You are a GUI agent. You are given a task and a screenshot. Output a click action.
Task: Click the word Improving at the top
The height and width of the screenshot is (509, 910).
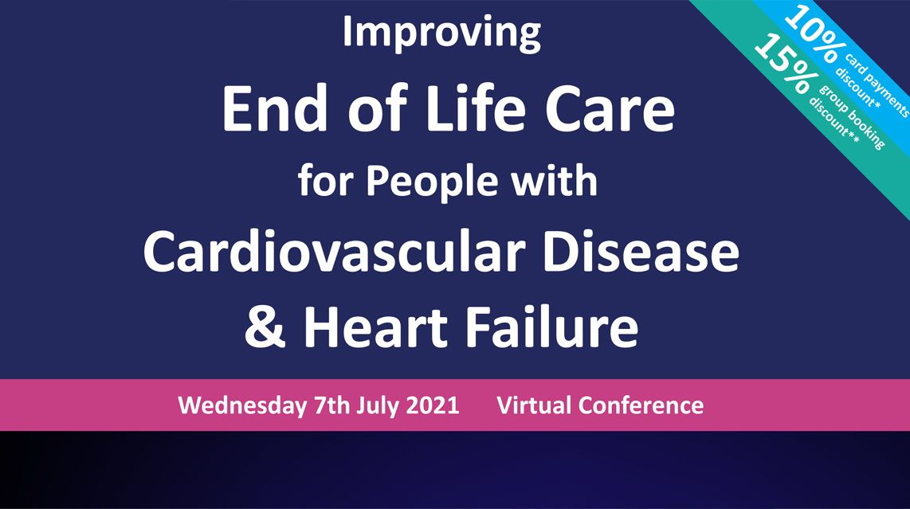pos(441,33)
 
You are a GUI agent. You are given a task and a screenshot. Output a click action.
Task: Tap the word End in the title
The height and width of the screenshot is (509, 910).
pos(275,108)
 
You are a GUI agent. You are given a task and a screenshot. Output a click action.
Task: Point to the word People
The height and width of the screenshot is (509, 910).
pos(433,182)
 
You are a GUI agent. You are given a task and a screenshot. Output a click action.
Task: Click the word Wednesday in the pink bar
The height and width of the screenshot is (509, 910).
pos(242,405)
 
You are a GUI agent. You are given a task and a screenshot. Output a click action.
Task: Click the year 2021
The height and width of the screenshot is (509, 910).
pos(432,405)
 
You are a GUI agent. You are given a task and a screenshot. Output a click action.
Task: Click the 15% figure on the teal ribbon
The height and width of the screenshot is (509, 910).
pos(783,63)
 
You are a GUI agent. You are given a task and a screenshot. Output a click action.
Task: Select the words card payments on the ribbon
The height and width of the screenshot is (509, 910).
pos(877,85)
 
